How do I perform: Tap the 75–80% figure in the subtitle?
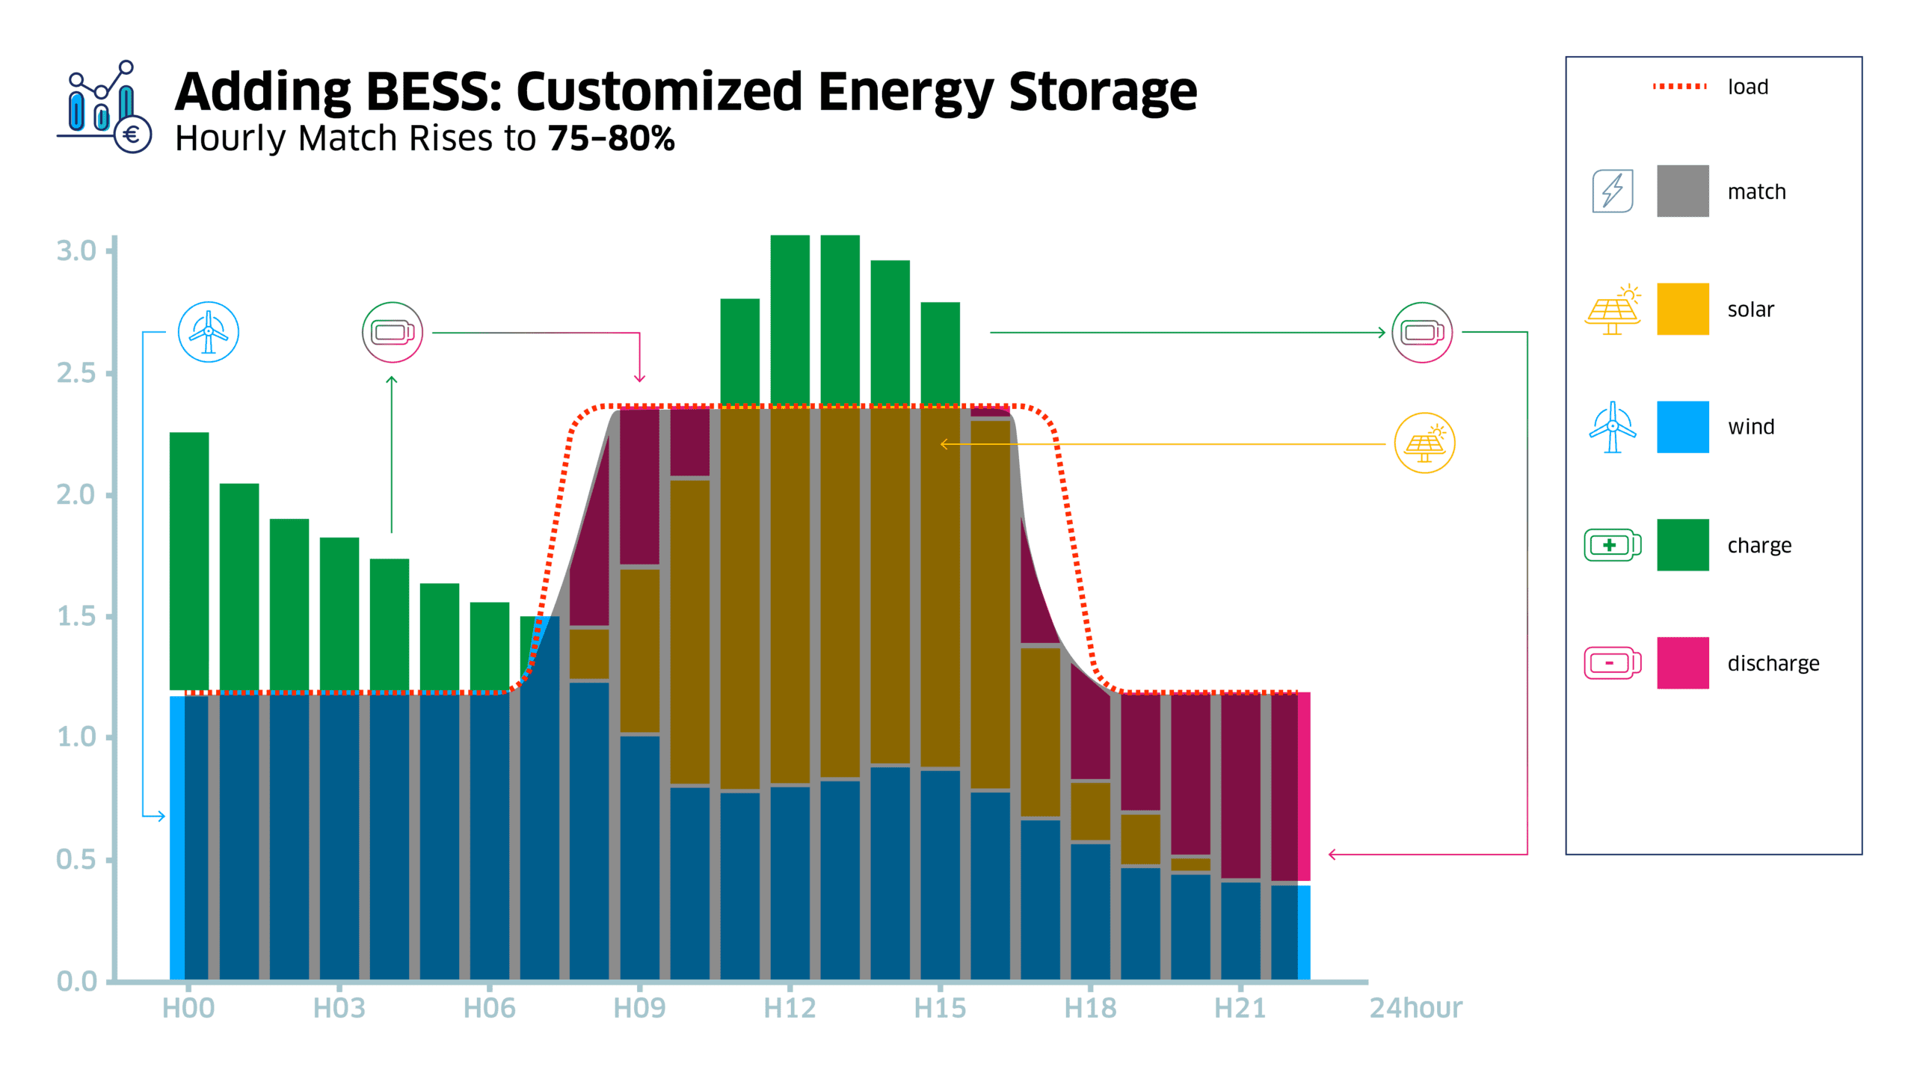[x=611, y=138]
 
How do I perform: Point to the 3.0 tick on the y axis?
[x=76, y=251]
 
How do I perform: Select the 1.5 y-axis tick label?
[x=76, y=616]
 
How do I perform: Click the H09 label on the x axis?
[x=639, y=1008]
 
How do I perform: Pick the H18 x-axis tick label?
[x=1090, y=1008]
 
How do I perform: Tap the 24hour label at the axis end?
[x=1415, y=1008]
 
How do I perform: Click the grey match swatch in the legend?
[x=1682, y=191]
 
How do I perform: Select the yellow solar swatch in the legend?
[x=1682, y=309]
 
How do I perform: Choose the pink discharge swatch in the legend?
[x=1682, y=662]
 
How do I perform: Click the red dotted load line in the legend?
[x=1679, y=87]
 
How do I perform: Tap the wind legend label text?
[x=1750, y=427]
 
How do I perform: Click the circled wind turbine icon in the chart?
[x=209, y=332]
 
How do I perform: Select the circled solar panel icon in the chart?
[x=1424, y=443]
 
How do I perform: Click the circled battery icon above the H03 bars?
[x=393, y=332]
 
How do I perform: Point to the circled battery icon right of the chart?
[x=1421, y=332]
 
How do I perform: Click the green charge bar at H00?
[x=189, y=561]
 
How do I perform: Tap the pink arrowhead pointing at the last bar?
[x=1332, y=854]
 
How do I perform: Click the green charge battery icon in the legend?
[x=1612, y=545]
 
